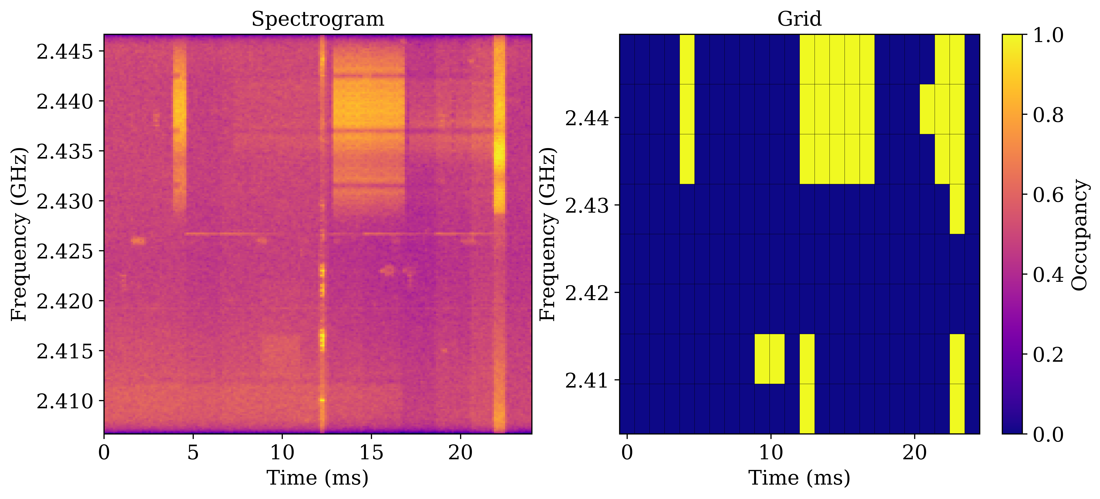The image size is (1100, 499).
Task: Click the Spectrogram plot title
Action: point(318,19)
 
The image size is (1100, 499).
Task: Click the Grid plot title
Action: point(799,19)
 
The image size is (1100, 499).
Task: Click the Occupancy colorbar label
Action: point(1080,235)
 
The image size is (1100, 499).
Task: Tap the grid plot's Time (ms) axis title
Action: point(799,478)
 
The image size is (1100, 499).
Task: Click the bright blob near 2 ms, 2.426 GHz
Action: point(138,241)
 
